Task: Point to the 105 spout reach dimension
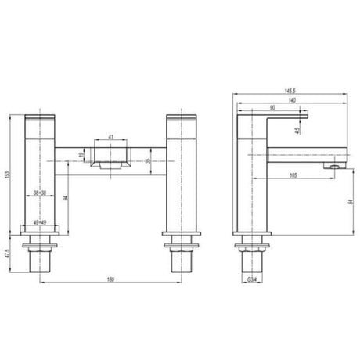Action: (x=291, y=175)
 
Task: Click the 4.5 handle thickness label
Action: (x=297, y=130)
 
